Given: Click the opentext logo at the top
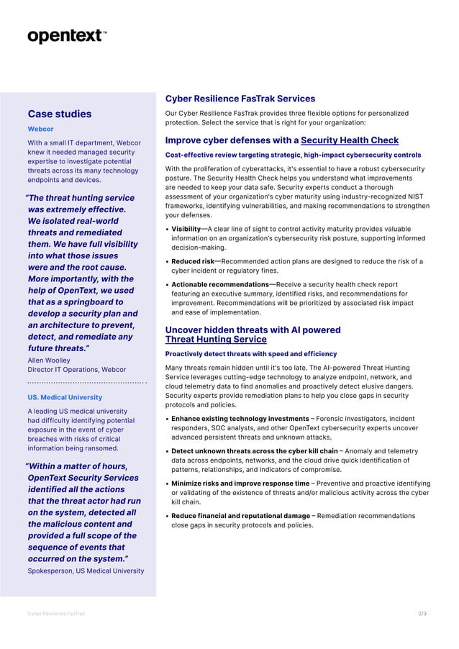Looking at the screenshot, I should pyautogui.click(x=67, y=36).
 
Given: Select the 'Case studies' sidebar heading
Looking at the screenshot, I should pyautogui.click(x=60, y=114).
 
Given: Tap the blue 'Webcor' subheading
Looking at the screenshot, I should pyautogui.click(x=40, y=129).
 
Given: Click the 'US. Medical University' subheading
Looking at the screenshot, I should pyautogui.click(x=65, y=397).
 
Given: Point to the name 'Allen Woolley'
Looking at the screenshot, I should pyautogui.click(x=49, y=359).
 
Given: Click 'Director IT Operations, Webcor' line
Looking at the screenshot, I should pyautogui.click(x=76, y=369).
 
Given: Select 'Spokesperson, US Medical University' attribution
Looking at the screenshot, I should pyautogui.click(x=86, y=571).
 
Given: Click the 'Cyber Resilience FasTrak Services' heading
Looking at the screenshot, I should pyautogui.click(x=240, y=99).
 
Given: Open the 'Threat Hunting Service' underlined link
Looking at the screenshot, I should pyautogui.click(x=216, y=340).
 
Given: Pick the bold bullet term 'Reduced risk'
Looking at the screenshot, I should pyautogui.click(x=193, y=261).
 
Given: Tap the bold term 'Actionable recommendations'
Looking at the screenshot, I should pyautogui.click(x=219, y=284).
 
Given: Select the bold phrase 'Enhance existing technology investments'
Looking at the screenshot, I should pyautogui.click(x=240, y=418).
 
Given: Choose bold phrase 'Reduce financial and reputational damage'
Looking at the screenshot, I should pyautogui.click(x=241, y=516).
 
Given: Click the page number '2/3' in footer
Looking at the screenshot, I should pyautogui.click(x=422, y=614).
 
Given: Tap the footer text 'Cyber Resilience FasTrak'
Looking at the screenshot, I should pyautogui.click(x=56, y=614).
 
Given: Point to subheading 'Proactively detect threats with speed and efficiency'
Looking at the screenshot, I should pyautogui.click(x=251, y=354).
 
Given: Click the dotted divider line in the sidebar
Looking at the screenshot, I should pyautogui.click(x=86, y=383).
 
